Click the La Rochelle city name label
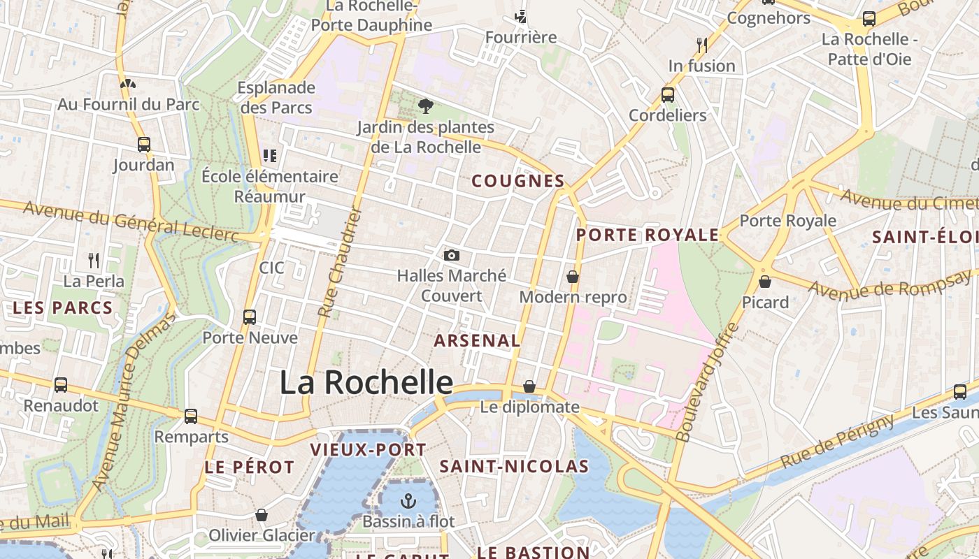(x=366, y=382)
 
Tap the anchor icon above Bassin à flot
(x=408, y=501)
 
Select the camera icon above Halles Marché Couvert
(x=452, y=255)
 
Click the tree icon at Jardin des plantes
(x=425, y=106)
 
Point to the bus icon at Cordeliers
(x=668, y=94)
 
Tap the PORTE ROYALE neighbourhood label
(x=647, y=235)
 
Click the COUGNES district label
(x=518, y=181)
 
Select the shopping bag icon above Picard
(x=765, y=282)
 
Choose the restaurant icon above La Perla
(x=94, y=261)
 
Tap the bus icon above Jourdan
(x=144, y=145)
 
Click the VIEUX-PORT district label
(x=368, y=449)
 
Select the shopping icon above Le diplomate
(x=529, y=386)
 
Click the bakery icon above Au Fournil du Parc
(x=127, y=84)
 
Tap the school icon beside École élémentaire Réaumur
(x=270, y=155)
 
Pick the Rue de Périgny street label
(x=837, y=442)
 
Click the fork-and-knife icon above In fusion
(x=702, y=45)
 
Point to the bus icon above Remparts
(x=191, y=416)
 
